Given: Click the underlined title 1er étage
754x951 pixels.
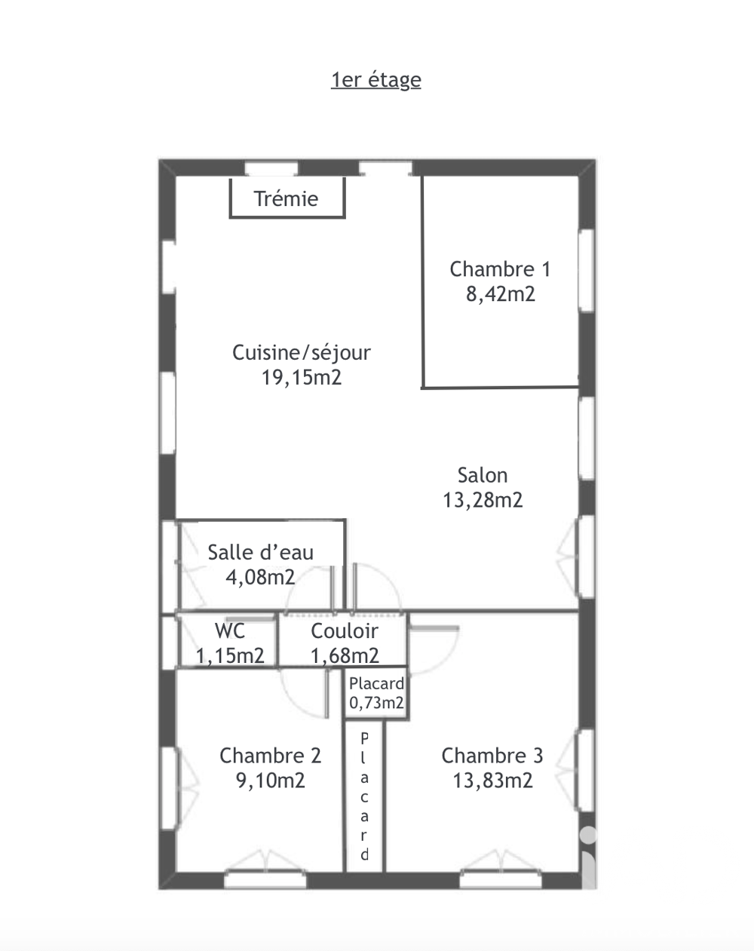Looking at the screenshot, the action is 376,81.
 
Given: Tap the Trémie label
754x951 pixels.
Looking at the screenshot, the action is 286,199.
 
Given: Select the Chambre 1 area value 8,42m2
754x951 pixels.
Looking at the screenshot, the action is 501,294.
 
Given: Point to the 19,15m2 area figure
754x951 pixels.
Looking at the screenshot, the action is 302,378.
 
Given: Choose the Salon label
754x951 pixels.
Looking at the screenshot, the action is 483,475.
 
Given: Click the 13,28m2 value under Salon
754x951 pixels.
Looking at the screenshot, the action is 483,500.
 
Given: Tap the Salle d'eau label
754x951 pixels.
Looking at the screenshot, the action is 261,552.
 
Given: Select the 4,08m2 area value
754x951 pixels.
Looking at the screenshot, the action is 260,577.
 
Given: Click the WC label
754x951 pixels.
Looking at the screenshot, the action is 230,631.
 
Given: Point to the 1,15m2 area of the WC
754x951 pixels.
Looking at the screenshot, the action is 230,656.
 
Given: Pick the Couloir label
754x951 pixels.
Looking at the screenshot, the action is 345,631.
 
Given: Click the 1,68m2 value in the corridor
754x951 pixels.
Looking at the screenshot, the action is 345,656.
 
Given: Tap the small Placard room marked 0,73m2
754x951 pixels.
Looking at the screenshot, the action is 376,693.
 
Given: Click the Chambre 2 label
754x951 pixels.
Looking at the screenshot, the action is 270,756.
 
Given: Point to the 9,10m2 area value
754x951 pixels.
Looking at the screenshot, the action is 270,781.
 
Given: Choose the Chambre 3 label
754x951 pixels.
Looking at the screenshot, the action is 492,756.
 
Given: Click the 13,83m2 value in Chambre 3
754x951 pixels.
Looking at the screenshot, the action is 492,781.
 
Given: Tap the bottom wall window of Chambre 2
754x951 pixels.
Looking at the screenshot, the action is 265,879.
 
